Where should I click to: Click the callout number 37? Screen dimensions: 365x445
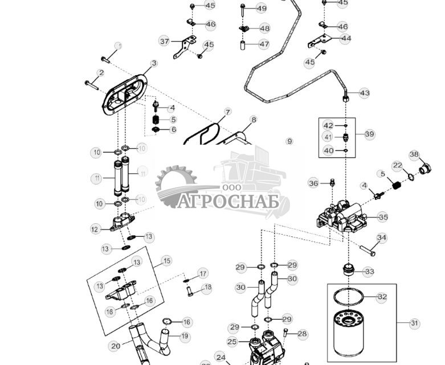(165, 42)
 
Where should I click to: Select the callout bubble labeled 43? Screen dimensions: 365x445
(364, 93)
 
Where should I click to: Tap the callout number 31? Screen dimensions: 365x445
(414, 323)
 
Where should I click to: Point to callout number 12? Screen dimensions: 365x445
(95, 229)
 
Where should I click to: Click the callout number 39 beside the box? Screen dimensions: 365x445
(369, 134)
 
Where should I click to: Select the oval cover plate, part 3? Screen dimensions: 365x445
(124, 95)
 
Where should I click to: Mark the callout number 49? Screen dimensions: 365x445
(261, 9)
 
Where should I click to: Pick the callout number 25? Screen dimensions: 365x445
(232, 342)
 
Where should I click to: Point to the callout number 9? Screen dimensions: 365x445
(289, 141)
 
